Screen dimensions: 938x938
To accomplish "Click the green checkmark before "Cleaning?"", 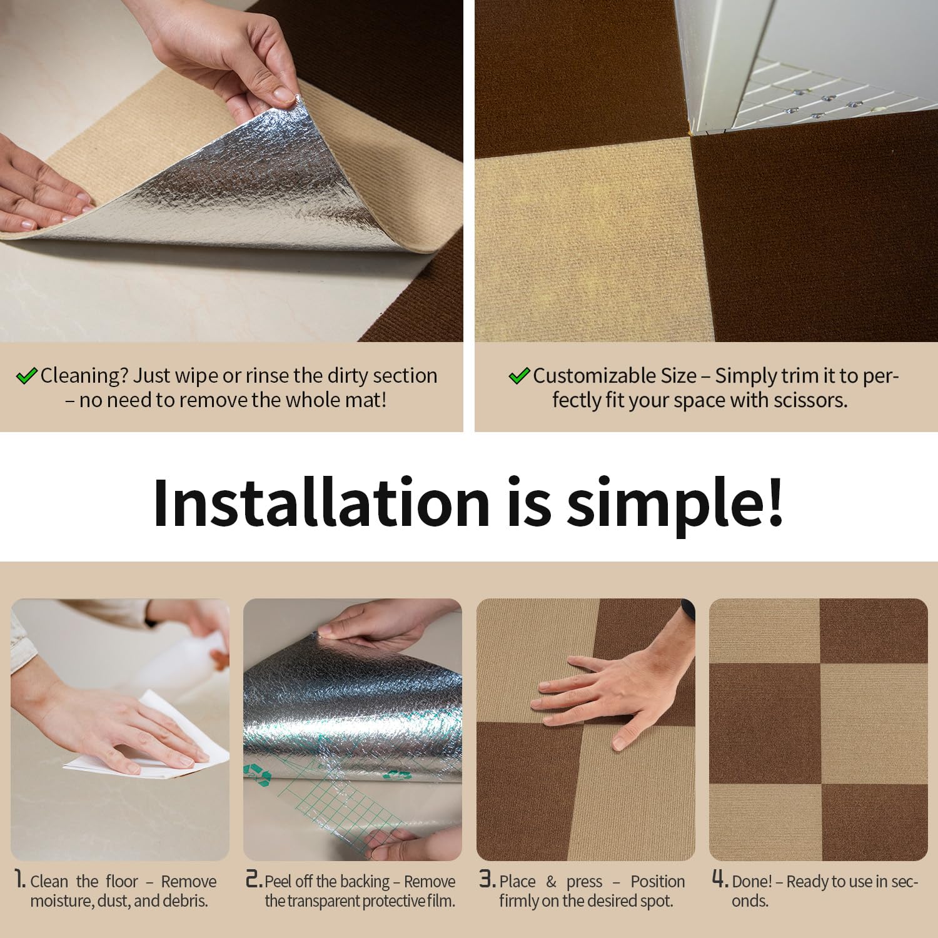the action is (26, 376).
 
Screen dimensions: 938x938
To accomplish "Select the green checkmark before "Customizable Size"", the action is (519, 376).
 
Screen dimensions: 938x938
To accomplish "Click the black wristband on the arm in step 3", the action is (687, 610).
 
